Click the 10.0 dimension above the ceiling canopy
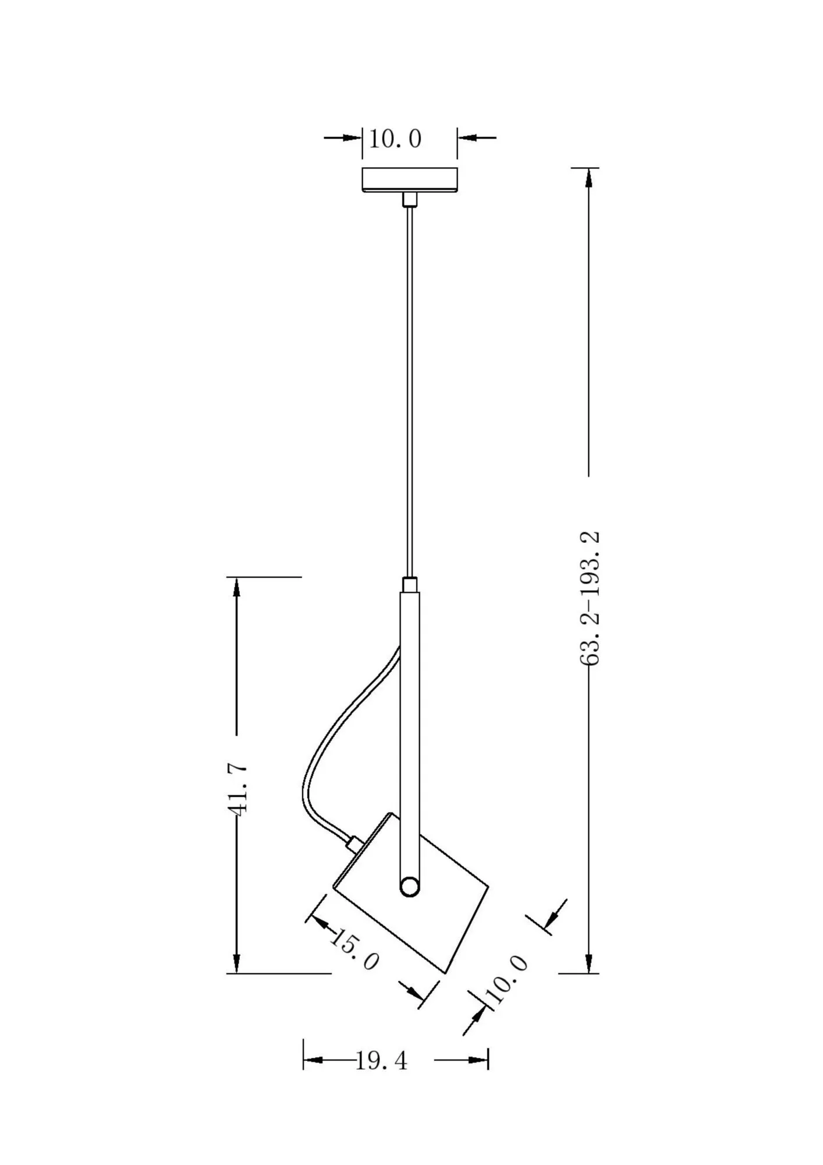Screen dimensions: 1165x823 coord(395,139)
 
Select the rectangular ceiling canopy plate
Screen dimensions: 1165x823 coord(409,179)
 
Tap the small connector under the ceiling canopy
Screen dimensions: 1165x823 coord(410,200)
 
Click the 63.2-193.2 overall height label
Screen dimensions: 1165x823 coord(590,598)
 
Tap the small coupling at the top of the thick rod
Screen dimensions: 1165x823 coord(410,584)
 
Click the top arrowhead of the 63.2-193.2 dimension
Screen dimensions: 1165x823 coord(589,178)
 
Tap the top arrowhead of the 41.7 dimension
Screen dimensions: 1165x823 coord(236,587)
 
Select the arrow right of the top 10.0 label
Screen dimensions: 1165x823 coord(467,138)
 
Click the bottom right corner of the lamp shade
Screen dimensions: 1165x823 coord(445,972)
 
